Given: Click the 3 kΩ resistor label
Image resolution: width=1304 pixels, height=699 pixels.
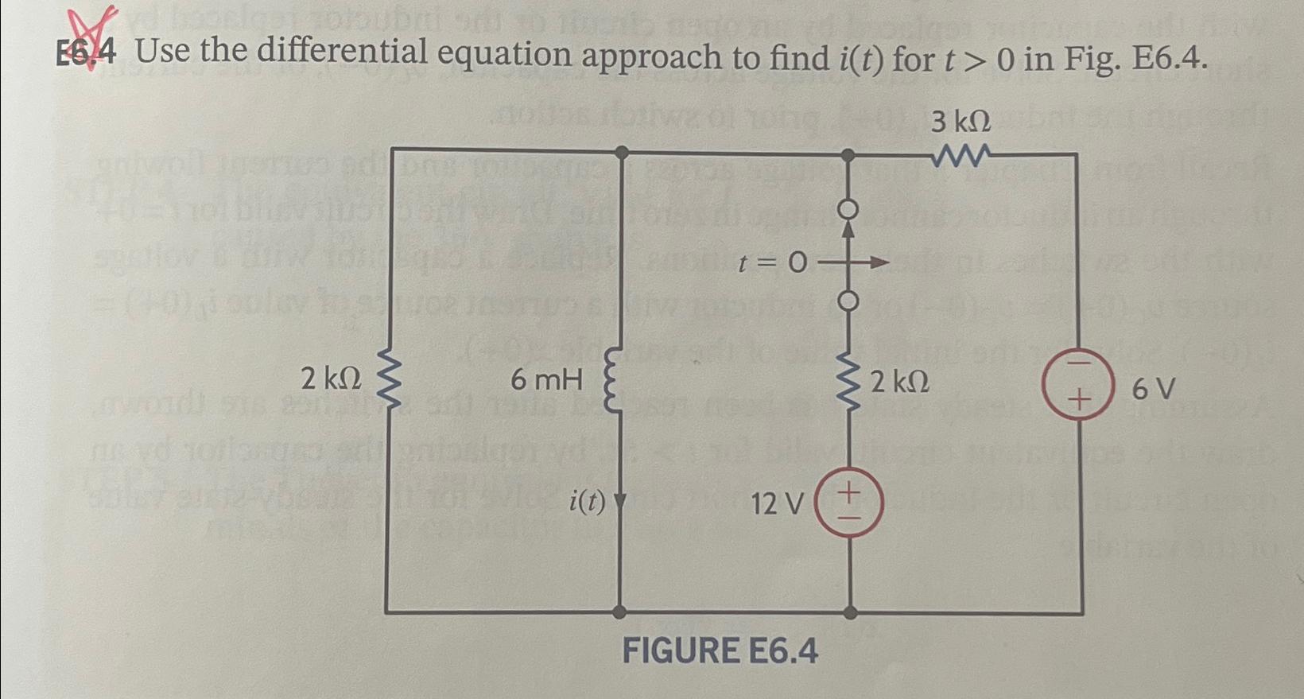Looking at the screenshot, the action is click(x=961, y=122).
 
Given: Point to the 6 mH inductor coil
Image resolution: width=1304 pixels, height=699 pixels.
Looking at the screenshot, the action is click(x=616, y=381).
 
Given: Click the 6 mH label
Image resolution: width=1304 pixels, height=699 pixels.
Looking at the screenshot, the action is click(x=546, y=380).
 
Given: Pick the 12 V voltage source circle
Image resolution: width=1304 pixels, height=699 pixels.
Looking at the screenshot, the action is click(x=849, y=503).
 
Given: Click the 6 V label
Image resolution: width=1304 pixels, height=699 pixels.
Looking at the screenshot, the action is click(x=1153, y=390).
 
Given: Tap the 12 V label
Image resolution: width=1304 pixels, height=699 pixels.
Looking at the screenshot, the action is click(x=778, y=503).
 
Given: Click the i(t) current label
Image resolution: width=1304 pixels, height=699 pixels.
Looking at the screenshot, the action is click(x=588, y=502).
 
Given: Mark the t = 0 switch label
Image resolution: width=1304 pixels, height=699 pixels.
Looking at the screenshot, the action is click(x=771, y=262).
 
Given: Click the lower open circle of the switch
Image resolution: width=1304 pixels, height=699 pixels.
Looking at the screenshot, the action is click(x=848, y=301).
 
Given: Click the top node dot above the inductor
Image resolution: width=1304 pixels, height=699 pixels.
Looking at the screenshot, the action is click(x=623, y=152).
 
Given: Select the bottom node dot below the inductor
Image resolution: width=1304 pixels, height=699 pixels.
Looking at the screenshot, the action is click(x=619, y=612).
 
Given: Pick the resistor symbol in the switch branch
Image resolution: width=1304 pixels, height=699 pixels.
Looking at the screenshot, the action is click(x=849, y=382).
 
